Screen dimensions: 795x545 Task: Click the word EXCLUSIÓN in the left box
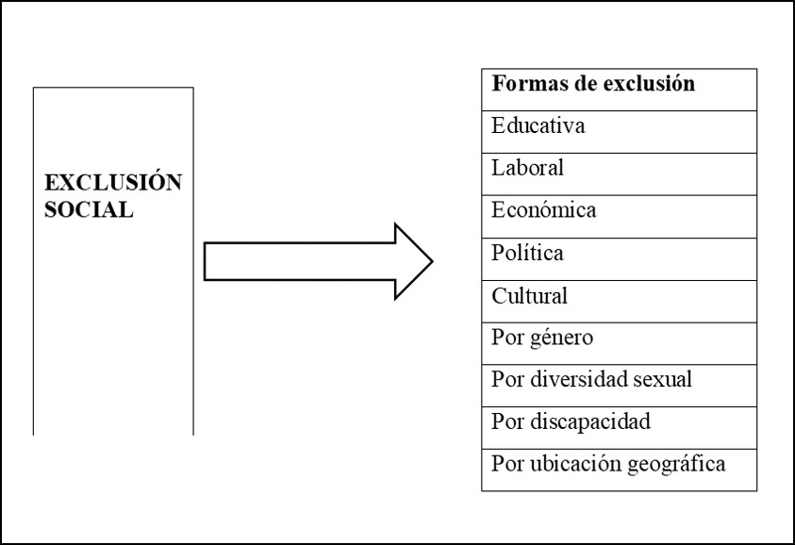[113, 183]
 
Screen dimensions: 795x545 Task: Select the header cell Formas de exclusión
[593, 84]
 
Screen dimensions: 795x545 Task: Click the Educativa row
[538, 126]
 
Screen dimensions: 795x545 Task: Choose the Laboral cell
[528, 169]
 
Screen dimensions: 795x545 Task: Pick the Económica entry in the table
[544, 210]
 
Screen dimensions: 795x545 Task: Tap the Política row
[528, 253]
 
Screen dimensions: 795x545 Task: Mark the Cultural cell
[530, 295]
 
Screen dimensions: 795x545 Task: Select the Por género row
[542, 338]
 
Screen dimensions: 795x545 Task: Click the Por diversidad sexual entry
[592, 379]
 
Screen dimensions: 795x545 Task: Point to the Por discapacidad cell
[571, 421]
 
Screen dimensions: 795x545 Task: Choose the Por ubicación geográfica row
[608, 464]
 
